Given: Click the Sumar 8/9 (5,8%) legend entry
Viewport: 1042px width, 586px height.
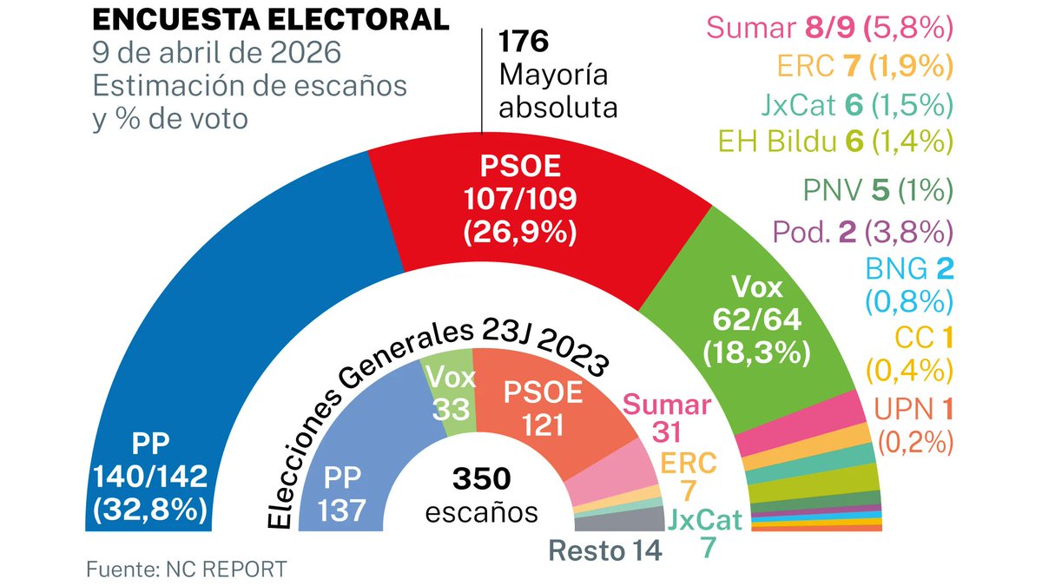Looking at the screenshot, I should [x=830, y=28].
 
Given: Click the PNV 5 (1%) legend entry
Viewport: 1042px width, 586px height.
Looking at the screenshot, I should [x=879, y=189].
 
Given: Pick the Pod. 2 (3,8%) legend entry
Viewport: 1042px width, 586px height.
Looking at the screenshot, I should [x=862, y=232].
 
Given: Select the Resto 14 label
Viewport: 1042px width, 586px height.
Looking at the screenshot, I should [x=604, y=550].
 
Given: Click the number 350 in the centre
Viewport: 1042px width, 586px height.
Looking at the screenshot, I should [x=481, y=479].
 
